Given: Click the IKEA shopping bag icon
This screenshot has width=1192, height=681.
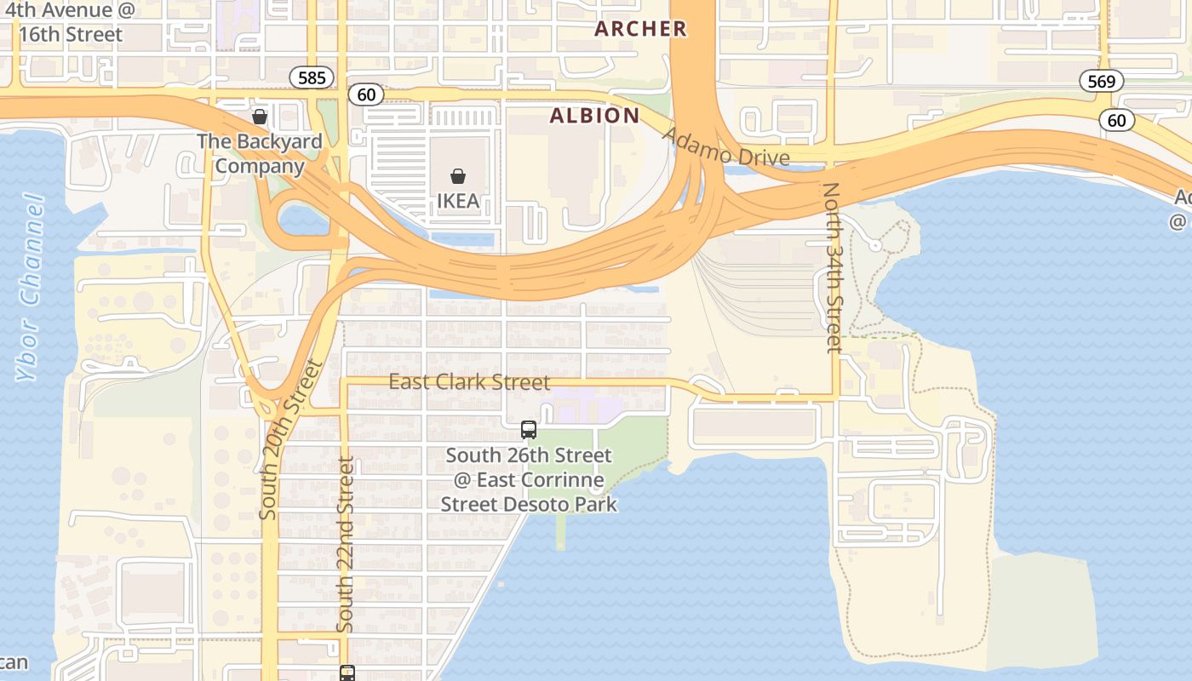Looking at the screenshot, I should pyautogui.click(x=458, y=176).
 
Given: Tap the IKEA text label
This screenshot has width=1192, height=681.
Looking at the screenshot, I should pyautogui.click(x=458, y=202).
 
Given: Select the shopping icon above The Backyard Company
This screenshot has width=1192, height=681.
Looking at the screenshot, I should pyautogui.click(x=260, y=117).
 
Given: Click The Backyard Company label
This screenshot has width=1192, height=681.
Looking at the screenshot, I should pyautogui.click(x=260, y=153).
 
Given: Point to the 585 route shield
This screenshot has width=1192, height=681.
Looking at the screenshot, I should pyautogui.click(x=312, y=78).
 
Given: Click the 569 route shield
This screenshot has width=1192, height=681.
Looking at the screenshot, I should pyautogui.click(x=1102, y=81).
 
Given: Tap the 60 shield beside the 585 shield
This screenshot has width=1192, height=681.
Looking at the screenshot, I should pyautogui.click(x=366, y=94).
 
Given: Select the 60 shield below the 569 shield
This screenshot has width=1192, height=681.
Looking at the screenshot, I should pyautogui.click(x=1116, y=120).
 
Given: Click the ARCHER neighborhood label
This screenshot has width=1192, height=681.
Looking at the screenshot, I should pyautogui.click(x=640, y=29).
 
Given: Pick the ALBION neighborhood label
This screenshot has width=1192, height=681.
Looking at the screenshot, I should pyautogui.click(x=594, y=116).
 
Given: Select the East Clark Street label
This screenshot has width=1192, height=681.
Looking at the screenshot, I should pyautogui.click(x=469, y=382).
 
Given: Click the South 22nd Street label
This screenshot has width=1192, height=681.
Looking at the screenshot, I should pyautogui.click(x=345, y=545).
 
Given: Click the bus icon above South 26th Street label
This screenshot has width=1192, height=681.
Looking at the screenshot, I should pyautogui.click(x=529, y=430).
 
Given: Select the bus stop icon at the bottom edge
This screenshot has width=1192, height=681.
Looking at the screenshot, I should pyautogui.click(x=347, y=673).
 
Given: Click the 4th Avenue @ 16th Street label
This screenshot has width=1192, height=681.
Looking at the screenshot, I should pyautogui.click(x=64, y=23).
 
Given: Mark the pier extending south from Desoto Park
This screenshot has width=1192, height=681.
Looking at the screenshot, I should pyautogui.click(x=560, y=531).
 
